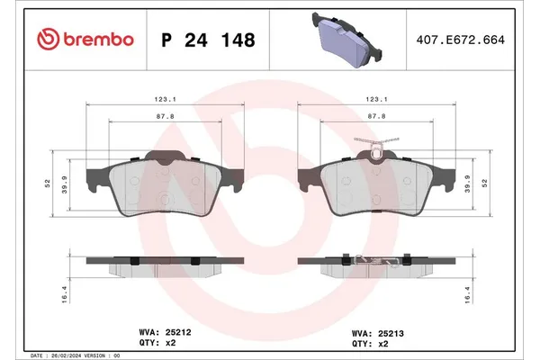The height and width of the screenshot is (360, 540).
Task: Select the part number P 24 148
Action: (x=207, y=40)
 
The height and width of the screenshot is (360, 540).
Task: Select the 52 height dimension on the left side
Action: (x=47, y=184)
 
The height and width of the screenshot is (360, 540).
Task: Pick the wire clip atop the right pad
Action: (x=375, y=142)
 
